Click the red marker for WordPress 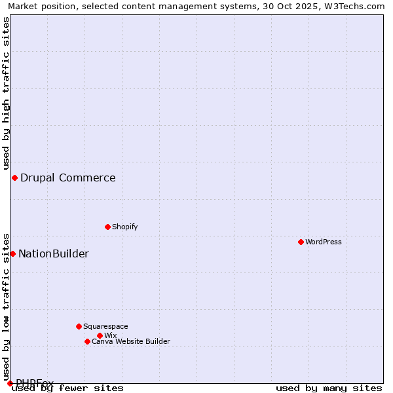click(301, 242)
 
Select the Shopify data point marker click(107, 227)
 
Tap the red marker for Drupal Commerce click(14, 178)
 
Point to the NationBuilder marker click(12, 253)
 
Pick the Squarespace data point click(79, 326)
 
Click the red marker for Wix click(100, 335)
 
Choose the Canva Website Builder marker click(87, 341)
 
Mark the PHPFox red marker click(10, 383)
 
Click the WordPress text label click(324, 242)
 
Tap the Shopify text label click(124, 227)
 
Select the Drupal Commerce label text click(68, 178)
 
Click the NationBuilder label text click(54, 253)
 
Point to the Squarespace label click(105, 326)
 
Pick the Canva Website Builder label click(131, 341)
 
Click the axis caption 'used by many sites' click(329, 388)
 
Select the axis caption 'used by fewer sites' click(68, 388)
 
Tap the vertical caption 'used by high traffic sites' click(6, 94)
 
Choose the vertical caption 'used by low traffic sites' click(6, 302)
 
